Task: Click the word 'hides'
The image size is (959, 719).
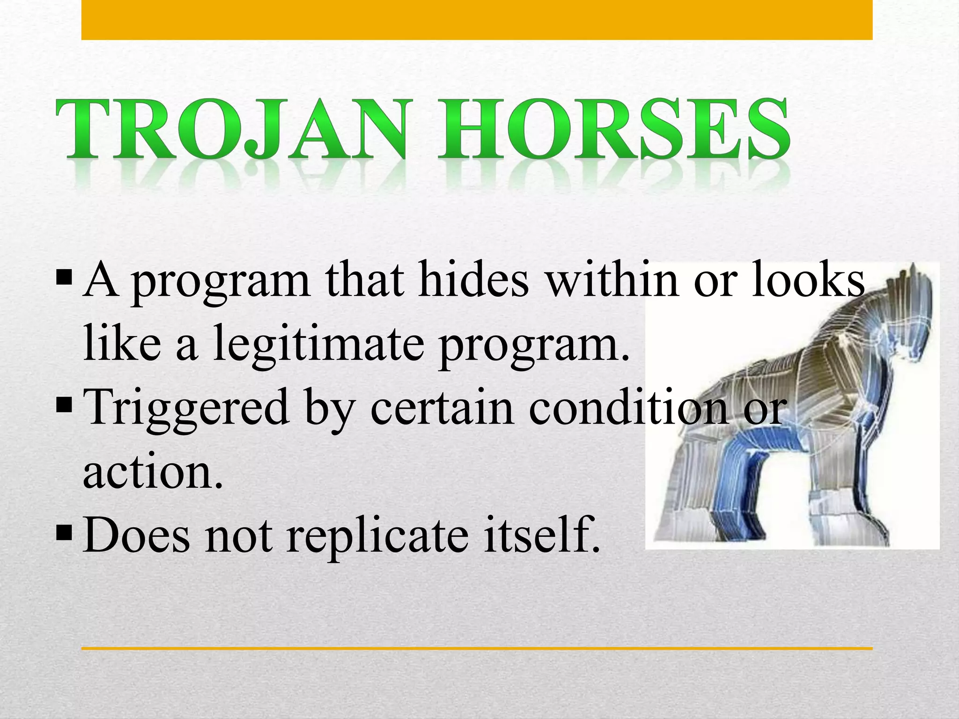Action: [473, 279]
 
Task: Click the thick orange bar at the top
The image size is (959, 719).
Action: [477, 20]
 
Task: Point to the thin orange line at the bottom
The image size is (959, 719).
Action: [477, 648]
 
